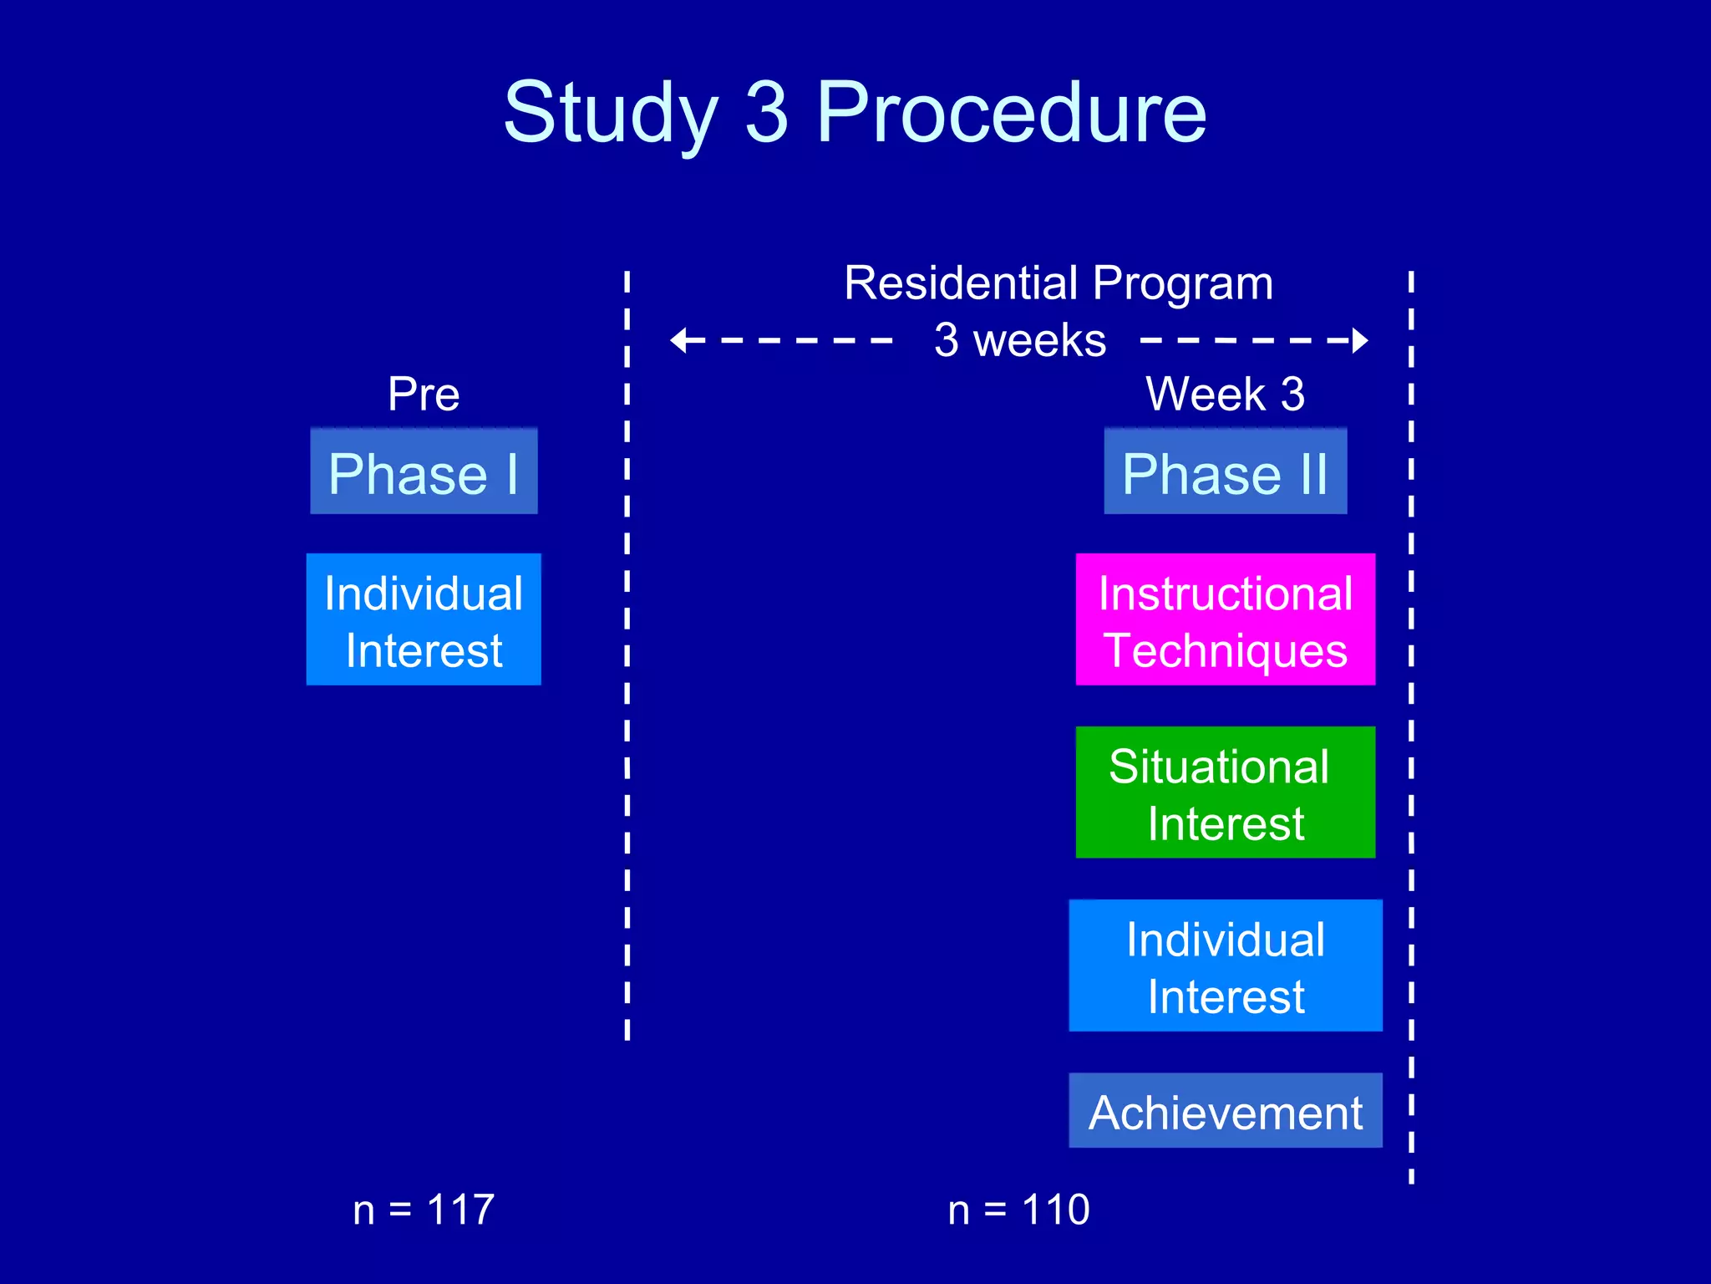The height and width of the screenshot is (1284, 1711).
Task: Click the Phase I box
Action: [x=424, y=471]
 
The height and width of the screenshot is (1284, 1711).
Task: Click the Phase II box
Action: [x=1225, y=471]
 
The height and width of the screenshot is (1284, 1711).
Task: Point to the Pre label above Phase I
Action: [x=424, y=394]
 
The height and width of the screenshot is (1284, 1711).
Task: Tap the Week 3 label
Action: [x=1225, y=394]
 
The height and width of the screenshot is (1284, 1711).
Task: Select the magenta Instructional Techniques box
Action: [x=1225, y=619]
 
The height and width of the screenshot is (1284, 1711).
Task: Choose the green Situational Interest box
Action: [x=1225, y=792]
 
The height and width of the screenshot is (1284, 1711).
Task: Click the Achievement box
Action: [x=1225, y=1111]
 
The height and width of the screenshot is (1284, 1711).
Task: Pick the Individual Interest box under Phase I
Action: [x=424, y=619]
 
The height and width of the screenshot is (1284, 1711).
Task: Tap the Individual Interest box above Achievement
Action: [x=1225, y=966]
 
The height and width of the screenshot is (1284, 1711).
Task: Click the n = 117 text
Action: [x=424, y=1210]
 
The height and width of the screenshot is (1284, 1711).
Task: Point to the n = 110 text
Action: [x=1018, y=1210]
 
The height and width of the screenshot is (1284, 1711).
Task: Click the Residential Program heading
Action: [x=1059, y=283]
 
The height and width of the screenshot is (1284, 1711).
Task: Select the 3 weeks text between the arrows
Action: [x=1020, y=340]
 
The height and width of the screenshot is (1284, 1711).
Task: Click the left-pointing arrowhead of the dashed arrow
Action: [x=679, y=340]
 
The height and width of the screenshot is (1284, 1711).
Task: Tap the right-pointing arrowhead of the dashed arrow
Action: [x=1359, y=340]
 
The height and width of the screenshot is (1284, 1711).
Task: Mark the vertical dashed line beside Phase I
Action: [x=627, y=652]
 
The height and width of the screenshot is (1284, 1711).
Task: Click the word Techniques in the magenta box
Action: [x=1225, y=650]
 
